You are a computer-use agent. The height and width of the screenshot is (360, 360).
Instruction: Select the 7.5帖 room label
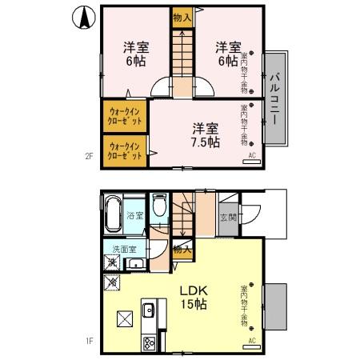[205, 135]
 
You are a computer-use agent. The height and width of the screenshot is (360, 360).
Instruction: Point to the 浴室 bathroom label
[135, 215]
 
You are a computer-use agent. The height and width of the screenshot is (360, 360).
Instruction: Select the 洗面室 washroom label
[123, 248]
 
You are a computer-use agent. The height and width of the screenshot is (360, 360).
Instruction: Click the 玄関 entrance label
[228, 216]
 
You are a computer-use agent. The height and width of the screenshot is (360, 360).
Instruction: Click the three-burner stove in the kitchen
[149, 342]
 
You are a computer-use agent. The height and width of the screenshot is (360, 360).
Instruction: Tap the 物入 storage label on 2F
[182, 17]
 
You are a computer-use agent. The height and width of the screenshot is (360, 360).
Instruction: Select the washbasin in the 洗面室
[135, 264]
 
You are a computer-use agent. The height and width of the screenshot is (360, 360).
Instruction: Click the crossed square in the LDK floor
[124, 318]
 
